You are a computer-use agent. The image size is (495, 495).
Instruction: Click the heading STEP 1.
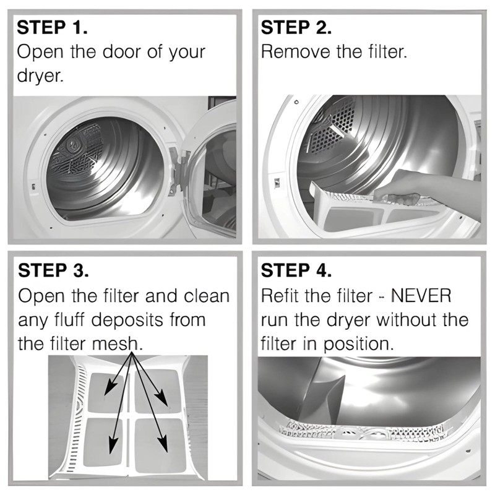point(53,28)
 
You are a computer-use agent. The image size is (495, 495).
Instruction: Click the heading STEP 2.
point(296,28)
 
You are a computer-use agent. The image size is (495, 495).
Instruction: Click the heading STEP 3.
point(54,271)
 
